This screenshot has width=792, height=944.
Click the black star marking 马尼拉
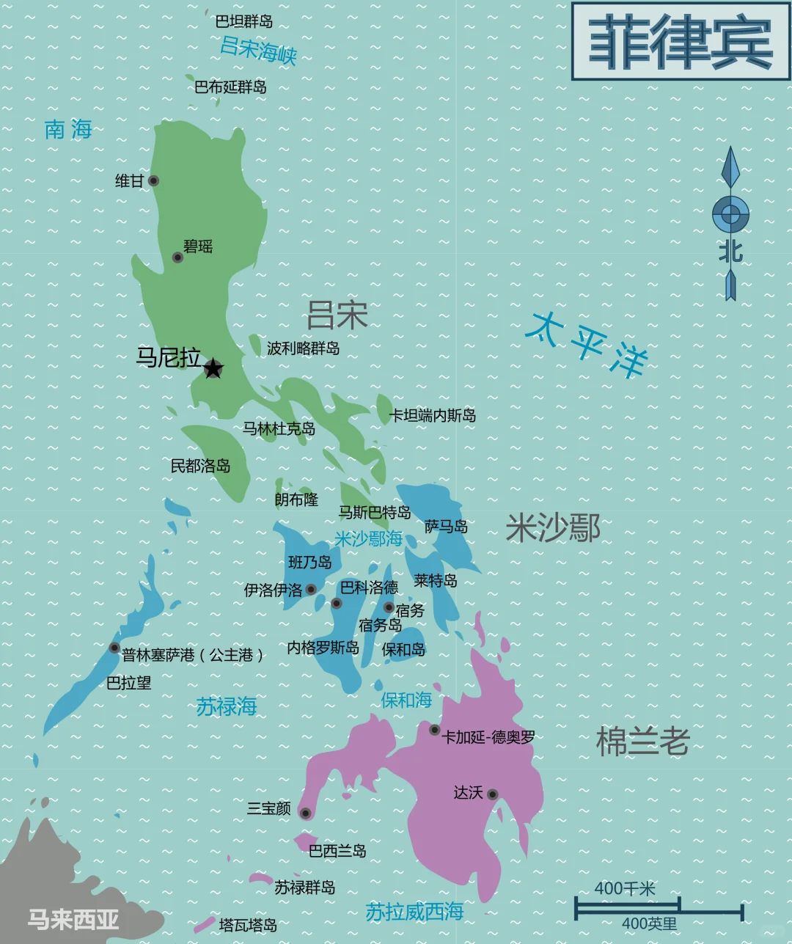click(x=213, y=368)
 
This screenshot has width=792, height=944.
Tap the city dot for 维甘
click(x=153, y=180)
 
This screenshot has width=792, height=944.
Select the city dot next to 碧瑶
click(x=177, y=257)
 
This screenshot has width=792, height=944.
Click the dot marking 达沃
click(x=492, y=794)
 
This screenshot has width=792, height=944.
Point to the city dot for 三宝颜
click(x=305, y=813)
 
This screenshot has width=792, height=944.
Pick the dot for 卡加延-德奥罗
click(x=434, y=730)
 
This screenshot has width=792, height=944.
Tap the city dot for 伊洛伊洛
click(x=311, y=589)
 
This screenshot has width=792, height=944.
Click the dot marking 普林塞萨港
click(x=114, y=648)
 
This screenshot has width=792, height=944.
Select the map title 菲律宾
click(x=681, y=42)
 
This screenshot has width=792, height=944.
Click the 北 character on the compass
click(x=730, y=252)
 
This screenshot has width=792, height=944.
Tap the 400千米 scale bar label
click(x=624, y=888)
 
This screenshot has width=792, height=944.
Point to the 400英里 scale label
click(x=649, y=924)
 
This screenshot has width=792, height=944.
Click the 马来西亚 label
click(x=73, y=919)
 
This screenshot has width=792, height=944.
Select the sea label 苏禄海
click(x=227, y=706)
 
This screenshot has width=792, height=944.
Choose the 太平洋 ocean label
click(x=587, y=343)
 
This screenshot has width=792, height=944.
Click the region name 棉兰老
click(x=642, y=742)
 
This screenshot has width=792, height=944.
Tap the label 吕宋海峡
click(x=258, y=51)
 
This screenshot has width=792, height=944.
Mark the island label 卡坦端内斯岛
click(x=433, y=416)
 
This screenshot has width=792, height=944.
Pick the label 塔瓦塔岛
click(x=248, y=925)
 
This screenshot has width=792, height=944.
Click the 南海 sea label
click(x=68, y=130)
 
